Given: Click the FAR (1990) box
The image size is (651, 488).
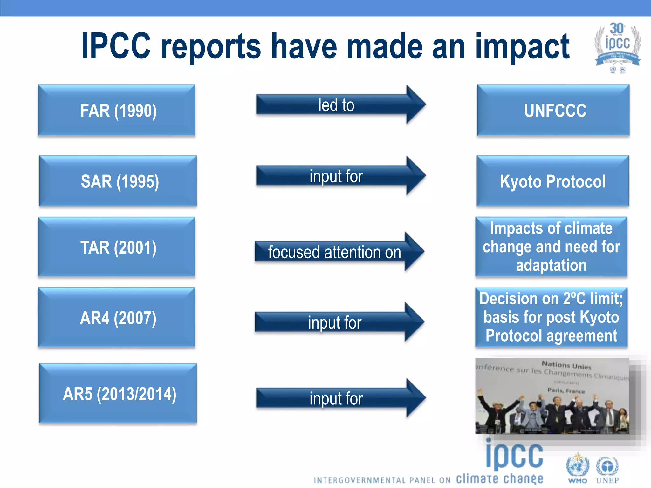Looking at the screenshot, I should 116,110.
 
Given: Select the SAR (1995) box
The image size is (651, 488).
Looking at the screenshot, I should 118,181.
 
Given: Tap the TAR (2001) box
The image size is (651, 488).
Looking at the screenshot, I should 116,247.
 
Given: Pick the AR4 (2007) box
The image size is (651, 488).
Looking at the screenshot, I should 116,317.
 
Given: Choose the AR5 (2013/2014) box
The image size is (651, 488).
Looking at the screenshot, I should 118,393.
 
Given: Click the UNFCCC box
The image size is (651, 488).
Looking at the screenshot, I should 553,110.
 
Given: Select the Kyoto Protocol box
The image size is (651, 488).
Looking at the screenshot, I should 552,181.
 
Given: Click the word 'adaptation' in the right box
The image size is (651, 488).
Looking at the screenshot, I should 551,265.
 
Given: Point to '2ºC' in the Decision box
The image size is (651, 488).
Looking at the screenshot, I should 574,299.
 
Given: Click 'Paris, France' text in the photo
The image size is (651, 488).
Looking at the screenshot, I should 566,390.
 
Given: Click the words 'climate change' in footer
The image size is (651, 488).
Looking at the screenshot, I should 499,478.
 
